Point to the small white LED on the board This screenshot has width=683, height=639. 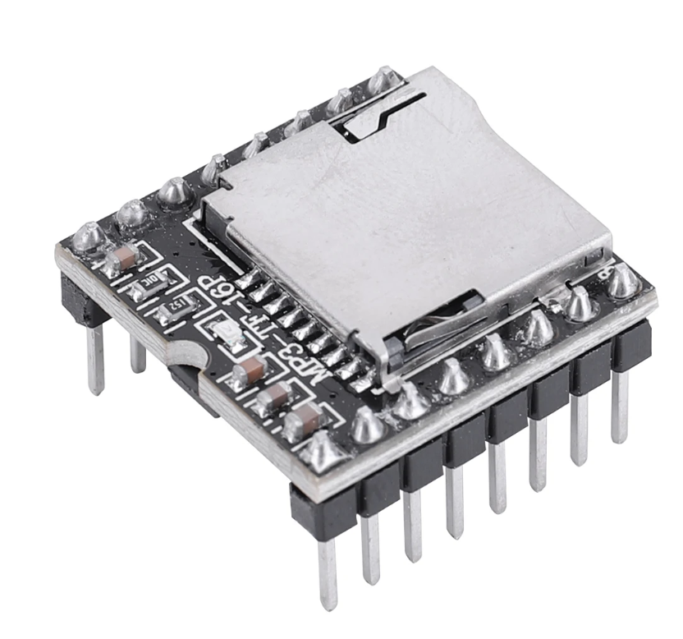point(227,333)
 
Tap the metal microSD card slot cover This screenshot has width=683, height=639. point(410,205)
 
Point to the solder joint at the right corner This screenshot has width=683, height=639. point(623,282)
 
